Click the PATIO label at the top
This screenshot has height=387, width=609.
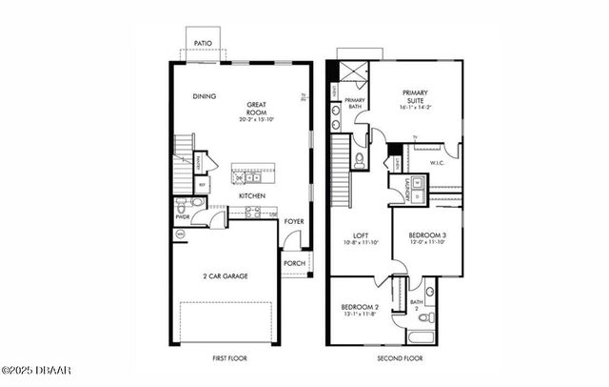(x=202, y=44)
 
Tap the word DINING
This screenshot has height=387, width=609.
(x=204, y=96)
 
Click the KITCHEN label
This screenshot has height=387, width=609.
(x=251, y=195)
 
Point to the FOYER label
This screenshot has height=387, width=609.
(x=294, y=221)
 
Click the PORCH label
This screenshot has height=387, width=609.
(x=294, y=264)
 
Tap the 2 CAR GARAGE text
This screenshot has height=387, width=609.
(x=226, y=275)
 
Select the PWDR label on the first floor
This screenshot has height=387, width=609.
(x=183, y=217)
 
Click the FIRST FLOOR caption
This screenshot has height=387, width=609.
(x=230, y=358)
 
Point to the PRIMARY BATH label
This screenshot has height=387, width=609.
(x=355, y=103)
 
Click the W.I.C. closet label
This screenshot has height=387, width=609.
(x=438, y=162)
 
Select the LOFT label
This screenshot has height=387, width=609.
(x=359, y=235)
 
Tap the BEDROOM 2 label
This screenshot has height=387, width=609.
(x=360, y=308)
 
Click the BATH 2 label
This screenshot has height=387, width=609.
(x=415, y=305)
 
